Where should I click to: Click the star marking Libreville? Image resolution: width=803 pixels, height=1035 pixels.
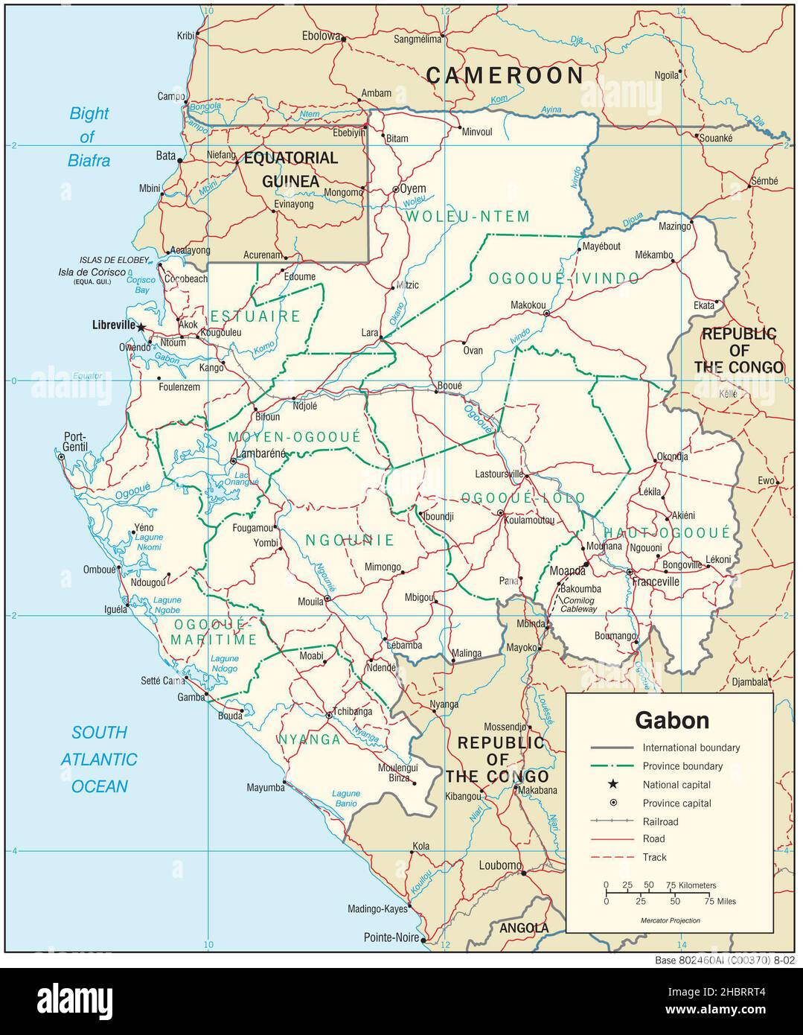click(x=141, y=326)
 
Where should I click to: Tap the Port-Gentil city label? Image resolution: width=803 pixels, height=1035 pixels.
click(x=75, y=442)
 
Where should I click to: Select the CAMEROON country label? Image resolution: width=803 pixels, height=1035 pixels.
click(x=505, y=75)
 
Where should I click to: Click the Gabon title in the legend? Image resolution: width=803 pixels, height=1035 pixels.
click(x=671, y=720)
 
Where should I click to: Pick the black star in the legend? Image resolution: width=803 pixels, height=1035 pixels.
click(x=613, y=784)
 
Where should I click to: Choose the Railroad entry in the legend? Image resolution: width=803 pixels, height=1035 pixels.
click(x=660, y=821)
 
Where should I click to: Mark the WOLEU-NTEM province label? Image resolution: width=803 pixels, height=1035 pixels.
click(x=468, y=217)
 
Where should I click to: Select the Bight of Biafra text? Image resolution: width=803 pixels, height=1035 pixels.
click(x=89, y=136)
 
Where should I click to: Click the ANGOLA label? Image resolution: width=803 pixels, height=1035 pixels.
click(x=524, y=928)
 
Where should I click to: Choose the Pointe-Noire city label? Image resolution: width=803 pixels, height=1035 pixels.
click(x=391, y=937)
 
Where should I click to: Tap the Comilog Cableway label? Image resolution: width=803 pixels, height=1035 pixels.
click(x=579, y=605)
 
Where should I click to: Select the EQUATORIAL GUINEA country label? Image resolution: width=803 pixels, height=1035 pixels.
click(x=291, y=169)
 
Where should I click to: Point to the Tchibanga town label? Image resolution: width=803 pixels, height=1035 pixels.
click(x=353, y=711)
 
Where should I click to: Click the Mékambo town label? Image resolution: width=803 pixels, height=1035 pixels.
click(x=653, y=255)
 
